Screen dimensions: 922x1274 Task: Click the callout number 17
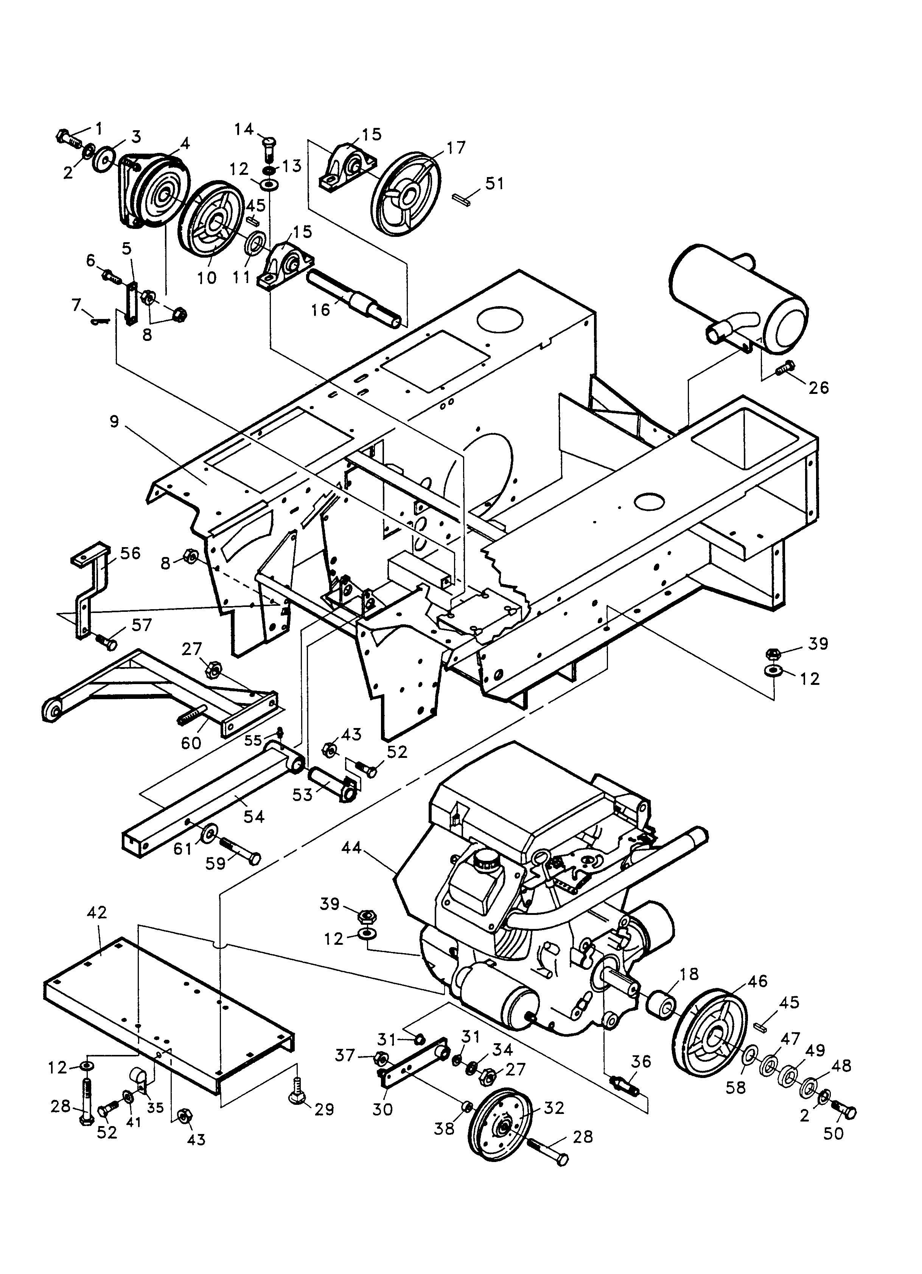457,147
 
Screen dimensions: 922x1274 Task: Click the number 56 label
130,553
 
